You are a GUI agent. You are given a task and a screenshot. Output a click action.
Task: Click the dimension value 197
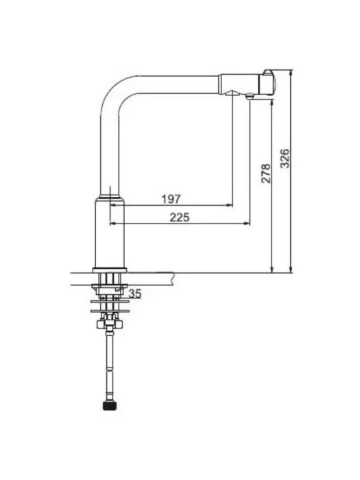click(171, 199)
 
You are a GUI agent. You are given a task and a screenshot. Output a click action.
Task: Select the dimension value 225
click(180, 217)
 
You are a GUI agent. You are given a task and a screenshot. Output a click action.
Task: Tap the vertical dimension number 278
click(266, 173)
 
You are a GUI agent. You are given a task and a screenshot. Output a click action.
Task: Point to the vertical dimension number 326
click(285, 158)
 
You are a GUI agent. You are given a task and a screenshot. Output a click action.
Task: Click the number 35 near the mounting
click(134, 293)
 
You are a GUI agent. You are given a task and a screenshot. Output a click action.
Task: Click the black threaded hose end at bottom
click(110, 406)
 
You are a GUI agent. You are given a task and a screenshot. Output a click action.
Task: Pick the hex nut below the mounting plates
click(110, 324)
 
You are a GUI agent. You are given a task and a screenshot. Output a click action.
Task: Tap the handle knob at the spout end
click(268, 82)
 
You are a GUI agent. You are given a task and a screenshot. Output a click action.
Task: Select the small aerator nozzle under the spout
click(250, 97)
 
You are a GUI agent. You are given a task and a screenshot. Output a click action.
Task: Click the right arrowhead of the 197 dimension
click(230, 206)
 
